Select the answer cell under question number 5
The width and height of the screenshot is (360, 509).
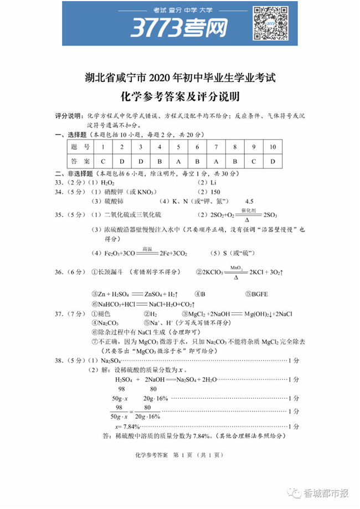(x=178, y=162)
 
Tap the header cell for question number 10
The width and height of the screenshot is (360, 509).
(x=272, y=147)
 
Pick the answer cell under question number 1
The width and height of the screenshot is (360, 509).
(x=103, y=162)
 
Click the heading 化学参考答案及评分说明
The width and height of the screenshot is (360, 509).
(x=179, y=98)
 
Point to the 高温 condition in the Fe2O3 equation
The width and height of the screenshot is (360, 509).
(x=147, y=249)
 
